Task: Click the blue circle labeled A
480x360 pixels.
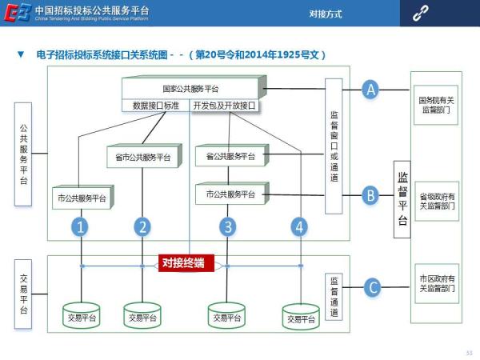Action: [x=370, y=90]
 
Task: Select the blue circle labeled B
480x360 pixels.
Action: [x=370, y=194]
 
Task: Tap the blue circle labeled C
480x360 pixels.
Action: [x=370, y=286]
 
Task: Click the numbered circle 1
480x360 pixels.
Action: [x=81, y=226]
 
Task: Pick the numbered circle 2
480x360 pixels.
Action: [x=142, y=226]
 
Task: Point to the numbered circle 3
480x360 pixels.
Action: [x=229, y=226]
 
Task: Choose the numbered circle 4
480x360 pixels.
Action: [x=299, y=226]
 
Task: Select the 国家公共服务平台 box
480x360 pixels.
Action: [x=190, y=88]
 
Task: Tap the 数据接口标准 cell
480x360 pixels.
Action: [x=155, y=105]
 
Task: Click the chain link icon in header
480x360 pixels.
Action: [x=420, y=14]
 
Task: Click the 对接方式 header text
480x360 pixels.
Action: [x=326, y=14]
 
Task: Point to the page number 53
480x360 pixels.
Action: [x=469, y=353]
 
